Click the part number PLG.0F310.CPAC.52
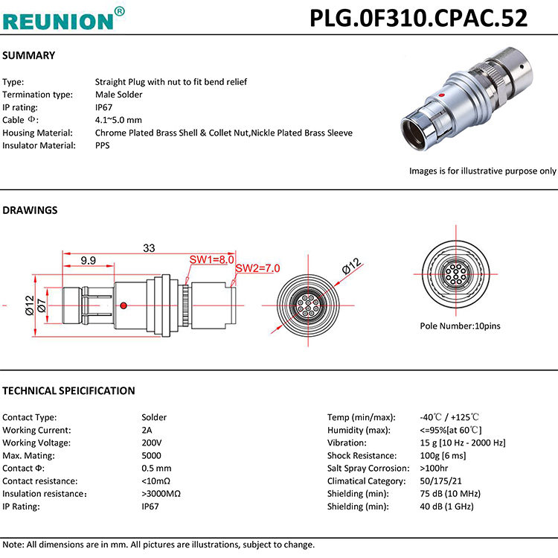pos(418,17)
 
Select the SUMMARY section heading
pos(29,56)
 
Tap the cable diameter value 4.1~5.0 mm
pos(118,120)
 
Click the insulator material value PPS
pos(103,145)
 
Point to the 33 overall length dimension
pos(149,248)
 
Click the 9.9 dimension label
pos(89,261)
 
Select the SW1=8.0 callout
pos(212,260)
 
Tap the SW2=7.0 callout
pos(257,268)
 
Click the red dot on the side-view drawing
pos(124,305)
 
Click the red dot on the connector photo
pos(442,96)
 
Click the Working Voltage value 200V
pos(152,443)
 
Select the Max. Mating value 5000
pos(151,455)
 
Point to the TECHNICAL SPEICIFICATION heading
pos(68,391)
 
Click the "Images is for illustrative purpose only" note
pos(482,171)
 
